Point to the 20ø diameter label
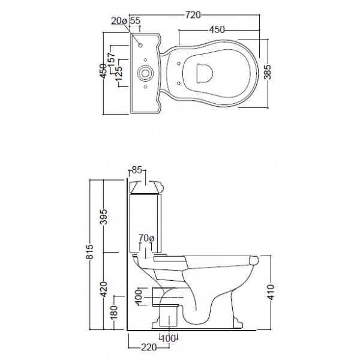pyautogui.click(x=118, y=21)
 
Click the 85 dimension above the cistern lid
pyautogui.click(x=136, y=171)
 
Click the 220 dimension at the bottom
pyautogui.click(x=148, y=347)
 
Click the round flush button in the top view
pyautogui.click(x=144, y=74)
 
